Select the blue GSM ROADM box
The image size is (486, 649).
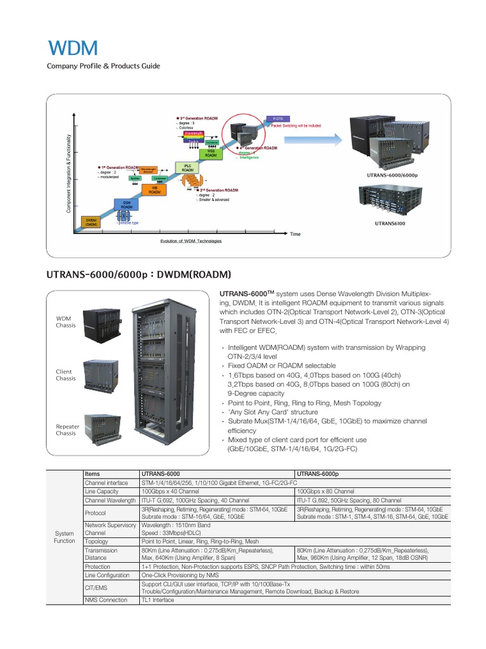(127, 203)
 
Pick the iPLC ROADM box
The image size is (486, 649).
(188, 167)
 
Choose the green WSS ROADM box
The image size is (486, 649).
(211, 153)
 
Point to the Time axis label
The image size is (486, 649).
(296, 235)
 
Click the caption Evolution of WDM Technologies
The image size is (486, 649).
(190, 241)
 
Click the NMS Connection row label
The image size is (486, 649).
(106, 600)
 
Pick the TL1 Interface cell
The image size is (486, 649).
(158, 600)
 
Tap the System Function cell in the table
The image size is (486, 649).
(65, 537)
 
